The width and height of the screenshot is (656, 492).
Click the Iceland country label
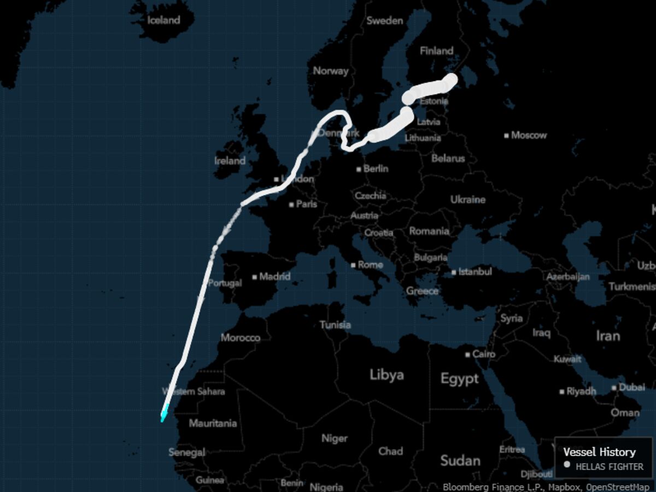[163, 20]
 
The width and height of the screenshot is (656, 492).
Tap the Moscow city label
[529, 135]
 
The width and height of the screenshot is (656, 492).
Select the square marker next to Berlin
[359, 169]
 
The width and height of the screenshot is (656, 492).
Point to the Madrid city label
[275, 277]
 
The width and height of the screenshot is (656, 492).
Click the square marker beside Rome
[353, 265]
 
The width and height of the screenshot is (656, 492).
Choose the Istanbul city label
[475, 272]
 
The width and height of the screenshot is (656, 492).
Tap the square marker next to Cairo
[467, 355]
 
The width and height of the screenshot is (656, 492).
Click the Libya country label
[386, 374]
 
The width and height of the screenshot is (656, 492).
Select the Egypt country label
[459, 378]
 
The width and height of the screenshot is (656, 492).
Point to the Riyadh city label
[581, 391]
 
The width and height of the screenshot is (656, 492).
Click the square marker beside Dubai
[614, 388]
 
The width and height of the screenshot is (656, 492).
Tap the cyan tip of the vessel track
[162, 417]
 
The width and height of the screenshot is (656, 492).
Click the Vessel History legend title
[599, 452]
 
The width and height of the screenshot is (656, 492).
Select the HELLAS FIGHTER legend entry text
[609, 467]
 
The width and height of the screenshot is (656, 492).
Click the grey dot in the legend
[567, 465]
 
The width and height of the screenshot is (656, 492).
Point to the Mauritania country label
[213, 423]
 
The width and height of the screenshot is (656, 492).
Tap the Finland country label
[436, 51]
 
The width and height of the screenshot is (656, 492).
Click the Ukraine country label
[467, 200]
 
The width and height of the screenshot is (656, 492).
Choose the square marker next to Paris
[291, 205]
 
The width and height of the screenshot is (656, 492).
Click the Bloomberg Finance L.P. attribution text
[476, 487]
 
